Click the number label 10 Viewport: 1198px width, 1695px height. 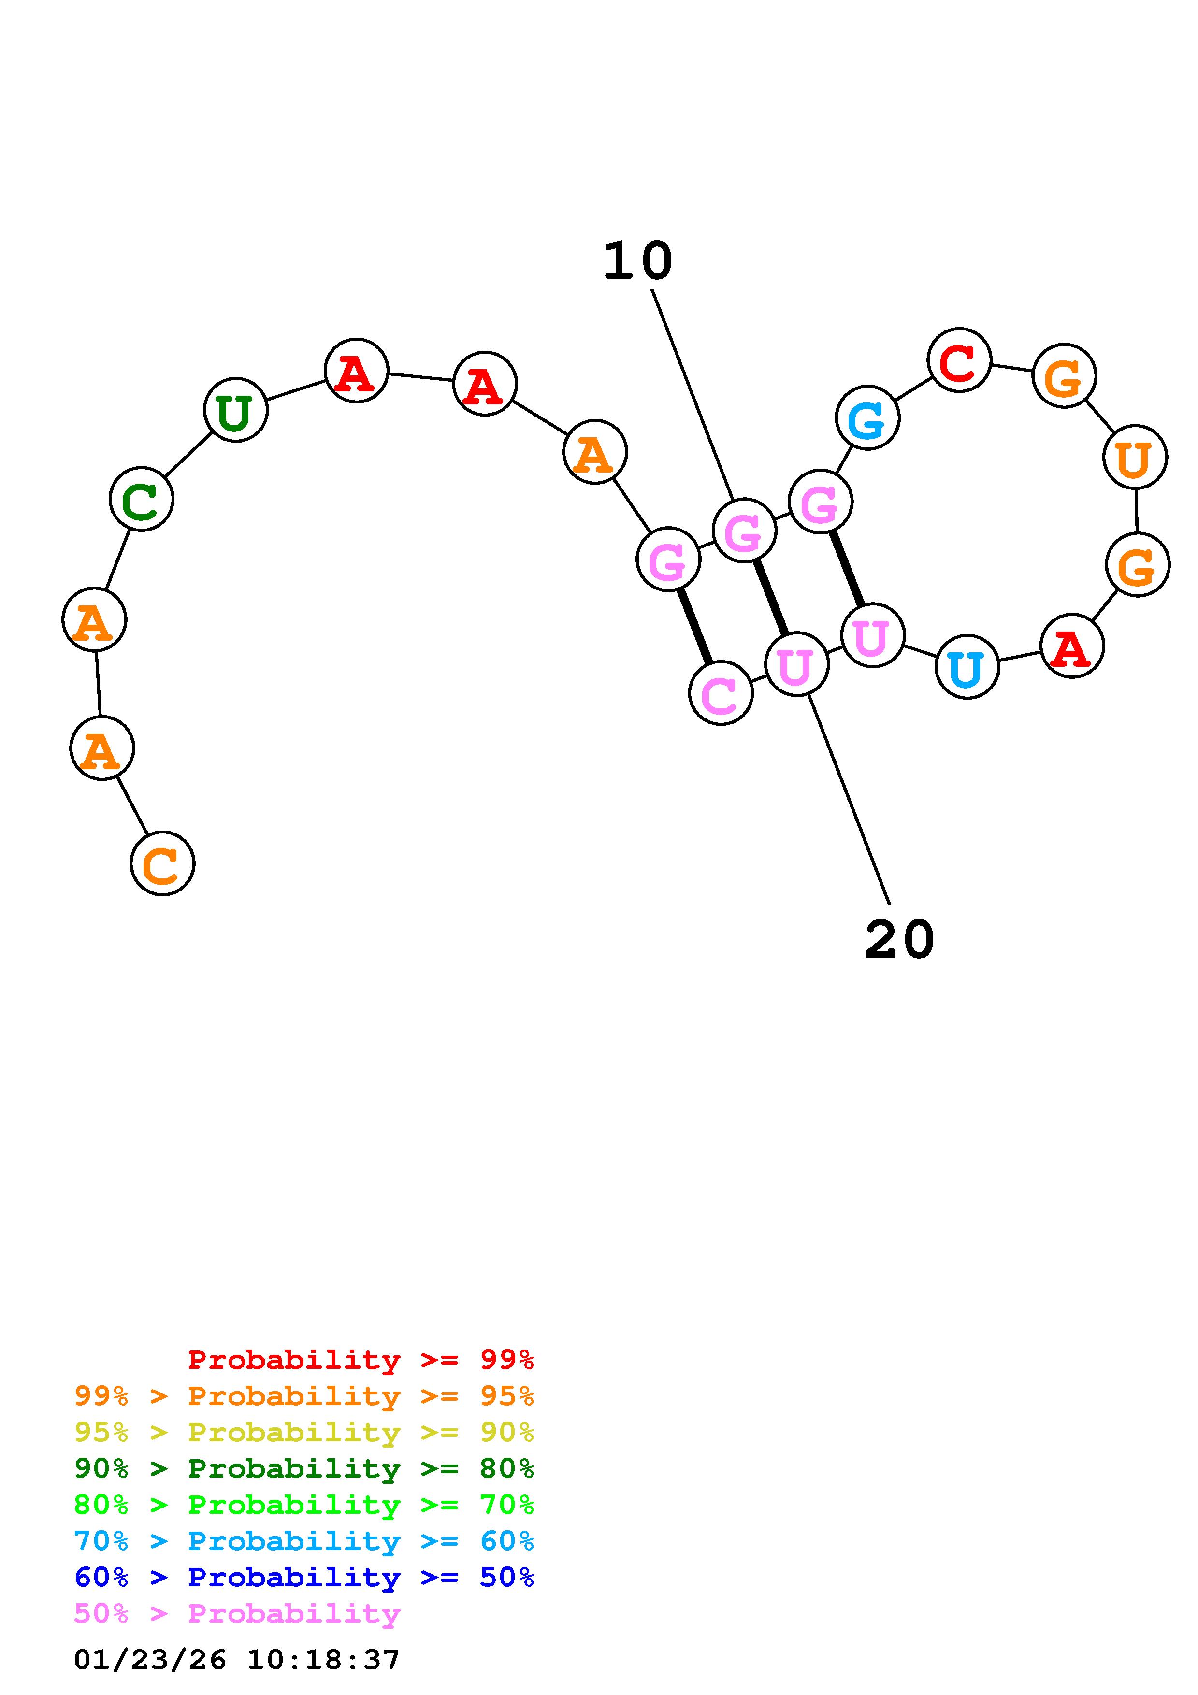638,261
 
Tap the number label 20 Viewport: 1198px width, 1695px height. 898,940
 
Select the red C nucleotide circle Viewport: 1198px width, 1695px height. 959,360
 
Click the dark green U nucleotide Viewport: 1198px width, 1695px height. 235,410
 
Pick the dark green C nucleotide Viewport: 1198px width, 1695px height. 141,499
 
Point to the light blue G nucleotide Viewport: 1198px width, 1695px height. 867,418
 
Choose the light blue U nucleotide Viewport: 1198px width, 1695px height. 966,667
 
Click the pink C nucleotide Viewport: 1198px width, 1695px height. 721,693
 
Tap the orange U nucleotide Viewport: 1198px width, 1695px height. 1135,458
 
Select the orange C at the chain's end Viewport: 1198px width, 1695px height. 162,864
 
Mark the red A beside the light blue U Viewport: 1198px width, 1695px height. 1072,646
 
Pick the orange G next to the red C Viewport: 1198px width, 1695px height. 1064,376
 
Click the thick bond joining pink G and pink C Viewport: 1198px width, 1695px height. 694,626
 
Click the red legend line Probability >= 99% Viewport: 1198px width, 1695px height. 361,1360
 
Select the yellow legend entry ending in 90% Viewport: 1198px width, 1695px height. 304,1432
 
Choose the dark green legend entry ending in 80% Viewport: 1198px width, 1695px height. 304,1468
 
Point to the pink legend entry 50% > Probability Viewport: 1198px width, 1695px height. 237,1613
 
